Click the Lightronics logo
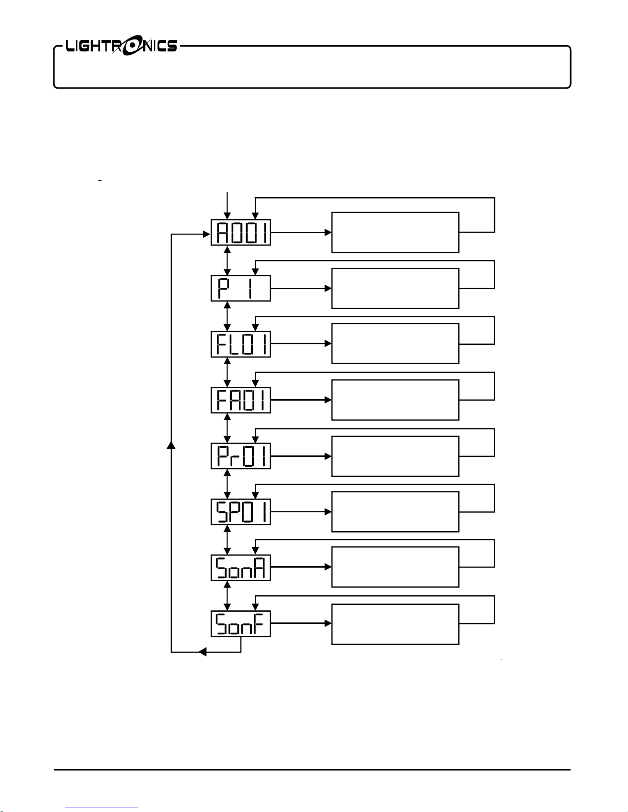[x=121, y=46]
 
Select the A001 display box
[x=241, y=233]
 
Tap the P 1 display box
[x=241, y=288]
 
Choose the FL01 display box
[x=241, y=344]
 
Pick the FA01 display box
[x=241, y=400]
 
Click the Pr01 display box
[x=241, y=456]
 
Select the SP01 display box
[x=241, y=512]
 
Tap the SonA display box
[x=241, y=568]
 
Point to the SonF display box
[x=241, y=623]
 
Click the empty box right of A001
[x=395, y=233]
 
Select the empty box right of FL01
[x=395, y=343]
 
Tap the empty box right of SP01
[x=395, y=512]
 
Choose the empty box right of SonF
[x=395, y=624]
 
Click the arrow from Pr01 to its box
[x=301, y=456]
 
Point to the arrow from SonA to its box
[x=301, y=567]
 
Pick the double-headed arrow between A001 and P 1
[x=227, y=260]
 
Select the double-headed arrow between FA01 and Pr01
[x=227, y=428]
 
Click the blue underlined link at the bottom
[x=102, y=807]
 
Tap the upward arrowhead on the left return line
[x=171, y=445]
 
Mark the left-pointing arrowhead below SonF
[x=202, y=652]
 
